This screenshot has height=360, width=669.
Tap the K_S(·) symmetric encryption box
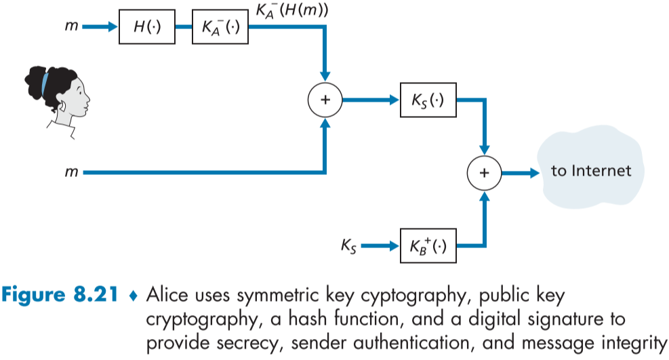427,100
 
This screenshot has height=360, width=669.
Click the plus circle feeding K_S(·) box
325,100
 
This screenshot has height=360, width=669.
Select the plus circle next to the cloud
484,172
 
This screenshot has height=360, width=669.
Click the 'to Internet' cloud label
591,170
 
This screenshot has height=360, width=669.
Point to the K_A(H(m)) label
293,9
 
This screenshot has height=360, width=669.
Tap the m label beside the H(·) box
71,27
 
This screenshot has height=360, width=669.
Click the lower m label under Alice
71,173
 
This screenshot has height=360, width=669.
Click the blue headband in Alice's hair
45,83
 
